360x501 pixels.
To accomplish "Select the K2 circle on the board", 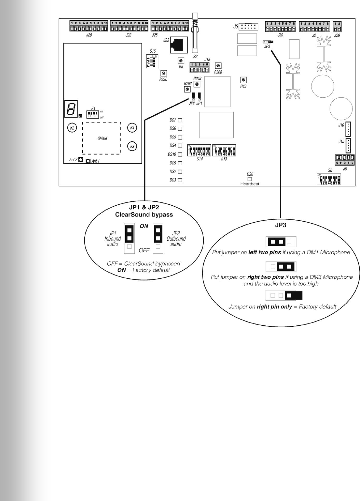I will pyautogui.click(x=72, y=128).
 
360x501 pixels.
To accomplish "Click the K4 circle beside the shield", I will pyautogui.click(x=132, y=128).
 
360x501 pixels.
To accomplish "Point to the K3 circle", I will pyautogui.click(x=132, y=146).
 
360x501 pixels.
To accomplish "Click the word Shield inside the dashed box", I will pyautogui.click(x=102, y=138).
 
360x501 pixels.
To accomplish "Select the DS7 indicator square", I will pyautogui.click(x=180, y=120).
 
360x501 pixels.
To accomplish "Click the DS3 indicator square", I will pyautogui.click(x=180, y=180).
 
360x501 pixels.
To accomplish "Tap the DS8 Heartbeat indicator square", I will pyautogui.click(x=250, y=179).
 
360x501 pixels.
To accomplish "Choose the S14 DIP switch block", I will pyautogui.click(x=199, y=150).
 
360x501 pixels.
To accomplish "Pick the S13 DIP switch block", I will pyautogui.click(x=224, y=150).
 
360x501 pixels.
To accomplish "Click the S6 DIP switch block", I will pyautogui.click(x=329, y=179).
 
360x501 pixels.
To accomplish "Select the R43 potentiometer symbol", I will pyautogui.click(x=243, y=80).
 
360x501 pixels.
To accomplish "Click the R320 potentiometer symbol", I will pyautogui.click(x=164, y=73).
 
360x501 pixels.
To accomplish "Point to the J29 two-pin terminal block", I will pyautogui.click(x=337, y=27).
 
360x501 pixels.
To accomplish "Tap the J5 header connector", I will pyautogui.click(x=249, y=26).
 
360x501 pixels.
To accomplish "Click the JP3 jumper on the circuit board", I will pyautogui.click(x=268, y=42).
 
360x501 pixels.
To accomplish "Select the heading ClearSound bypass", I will pyautogui.click(x=144, y=215).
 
